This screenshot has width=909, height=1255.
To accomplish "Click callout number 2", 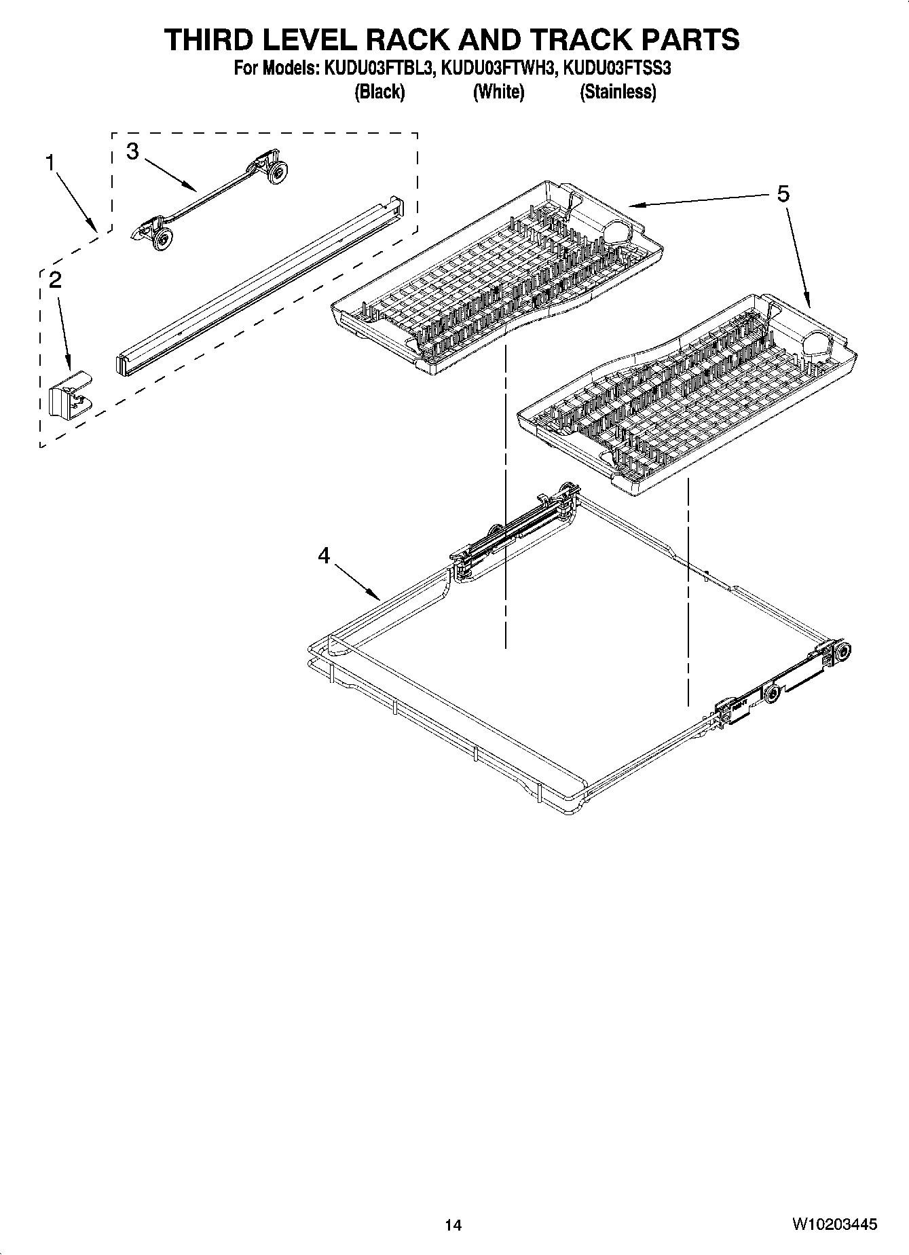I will [x=56, y=280].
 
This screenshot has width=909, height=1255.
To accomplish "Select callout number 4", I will [x=324, y=556].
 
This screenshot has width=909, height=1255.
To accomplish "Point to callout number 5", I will [x=783, y=195].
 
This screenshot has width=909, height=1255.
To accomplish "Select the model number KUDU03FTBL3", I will [x=376, y=68].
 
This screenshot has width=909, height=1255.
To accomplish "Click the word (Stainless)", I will [x=617, y=92].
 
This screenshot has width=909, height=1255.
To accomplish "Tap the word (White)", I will [x=498, y=92].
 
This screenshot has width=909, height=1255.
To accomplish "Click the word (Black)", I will [x=379, y=92].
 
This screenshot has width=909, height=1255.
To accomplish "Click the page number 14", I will [x=453, y=1225].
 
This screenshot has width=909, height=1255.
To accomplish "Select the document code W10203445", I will [x=834, y=1224].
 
